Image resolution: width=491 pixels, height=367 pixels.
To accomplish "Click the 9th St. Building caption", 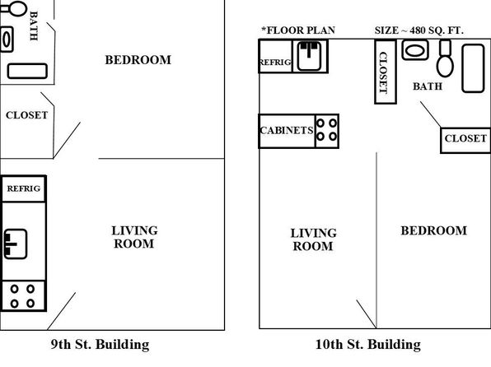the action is tap(100, 345).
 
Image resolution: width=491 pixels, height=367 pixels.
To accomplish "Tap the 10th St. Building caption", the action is tap(368, 345).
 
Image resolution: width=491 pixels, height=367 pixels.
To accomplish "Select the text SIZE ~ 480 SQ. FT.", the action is tap(419, 30).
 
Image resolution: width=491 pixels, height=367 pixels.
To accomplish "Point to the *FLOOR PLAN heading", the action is tap(298, 30).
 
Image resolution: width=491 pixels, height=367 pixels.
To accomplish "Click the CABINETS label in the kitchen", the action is tap(287, 130).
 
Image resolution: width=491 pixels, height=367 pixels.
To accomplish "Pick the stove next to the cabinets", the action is tap(326, 131).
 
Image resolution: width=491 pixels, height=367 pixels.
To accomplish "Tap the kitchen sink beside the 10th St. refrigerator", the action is tap(310, 56).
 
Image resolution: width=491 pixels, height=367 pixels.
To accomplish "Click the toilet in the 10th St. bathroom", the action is tap(445, 58).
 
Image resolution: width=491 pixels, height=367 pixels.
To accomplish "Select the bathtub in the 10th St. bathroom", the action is tap(473, 68).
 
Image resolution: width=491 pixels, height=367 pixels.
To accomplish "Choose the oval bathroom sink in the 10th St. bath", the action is tap(415, 50).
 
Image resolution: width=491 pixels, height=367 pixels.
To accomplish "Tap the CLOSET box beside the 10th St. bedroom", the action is tap(465, 140).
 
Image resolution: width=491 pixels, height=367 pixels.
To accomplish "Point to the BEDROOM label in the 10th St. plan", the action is tap(434, 230).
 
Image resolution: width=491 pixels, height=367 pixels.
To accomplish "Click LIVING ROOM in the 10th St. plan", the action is tap(313, 239).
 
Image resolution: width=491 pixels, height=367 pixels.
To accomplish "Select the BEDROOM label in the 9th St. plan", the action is tap(138, 60).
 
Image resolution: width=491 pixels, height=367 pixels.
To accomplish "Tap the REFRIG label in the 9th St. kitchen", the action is tap(24, 188).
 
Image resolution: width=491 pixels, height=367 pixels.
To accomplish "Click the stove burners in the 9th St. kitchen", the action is tap(23, 296).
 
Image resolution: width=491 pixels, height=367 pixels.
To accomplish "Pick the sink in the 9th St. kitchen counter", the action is tap(16, 244).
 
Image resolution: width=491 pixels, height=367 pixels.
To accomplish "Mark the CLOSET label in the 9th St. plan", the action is tap(27, 115).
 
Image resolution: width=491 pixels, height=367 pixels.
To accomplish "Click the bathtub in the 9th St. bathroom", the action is tap(27, 71).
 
